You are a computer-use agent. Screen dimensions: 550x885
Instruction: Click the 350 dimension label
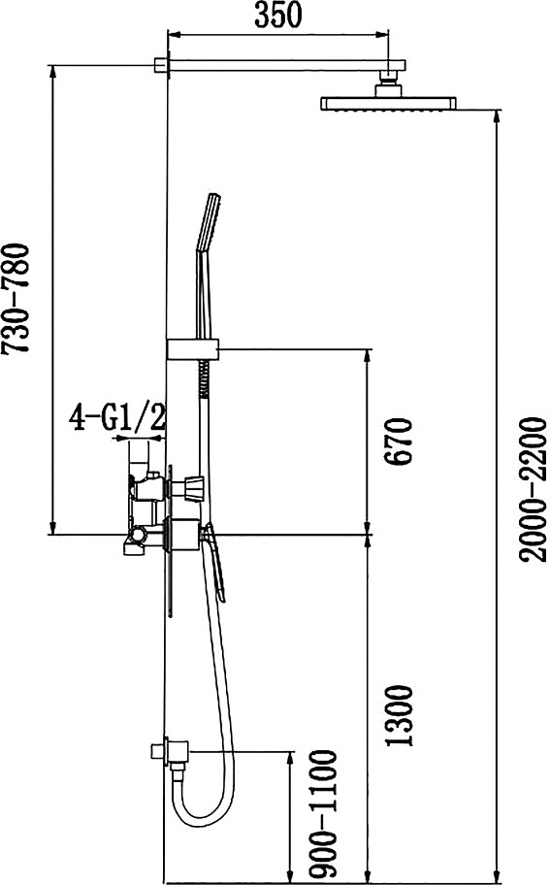pyautogui.click(x=278, y=16)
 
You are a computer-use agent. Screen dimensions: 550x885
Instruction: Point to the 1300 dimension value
pyautogui.click(x=400, y=716)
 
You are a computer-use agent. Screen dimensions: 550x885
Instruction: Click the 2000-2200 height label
pyautogui.click(x=534, y=489)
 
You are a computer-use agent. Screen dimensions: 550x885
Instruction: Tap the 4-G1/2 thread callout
pyautogui.click(x=117, y=418)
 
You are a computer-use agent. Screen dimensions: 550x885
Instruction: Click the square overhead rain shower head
pyautogui.click(x=389, y=103)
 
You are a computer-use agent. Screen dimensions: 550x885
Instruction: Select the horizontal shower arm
pyautogui.click(x=285, y=65)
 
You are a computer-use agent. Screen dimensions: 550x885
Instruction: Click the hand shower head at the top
pyautogui.click(x=208, y=222)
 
